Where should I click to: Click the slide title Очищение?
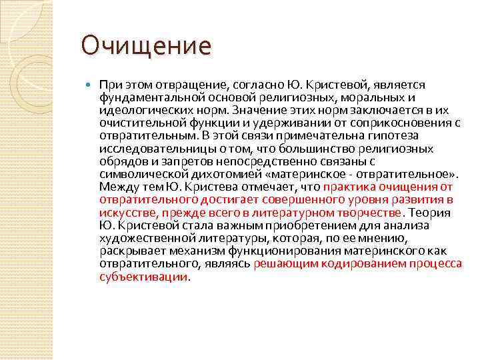pyautogui.click(x=146, y=46)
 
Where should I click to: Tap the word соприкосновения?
pyautogui.click(x=387, y=122)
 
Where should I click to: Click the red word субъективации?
pyautogui.click(x=143, y=276)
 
